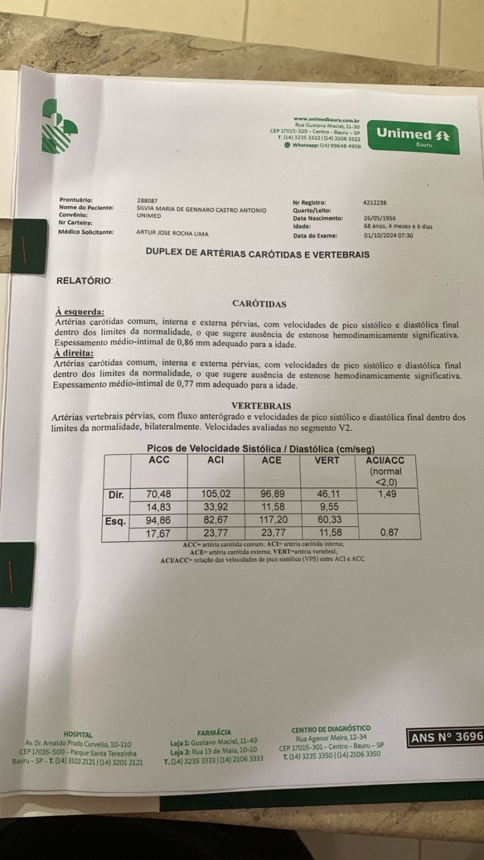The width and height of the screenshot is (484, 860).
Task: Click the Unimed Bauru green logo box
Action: tap(414, 137)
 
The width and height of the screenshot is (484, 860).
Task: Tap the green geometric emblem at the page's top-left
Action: tap(59, 126)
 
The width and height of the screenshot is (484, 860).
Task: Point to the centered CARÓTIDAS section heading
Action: tap(260, 304)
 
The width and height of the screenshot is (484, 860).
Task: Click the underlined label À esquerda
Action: tap(79, 312)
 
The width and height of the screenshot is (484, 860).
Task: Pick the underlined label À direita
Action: tap(75, 354)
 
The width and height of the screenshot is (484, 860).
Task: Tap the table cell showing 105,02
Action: tap(216, 495)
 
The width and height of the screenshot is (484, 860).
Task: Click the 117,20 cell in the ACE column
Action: tap(272, 521)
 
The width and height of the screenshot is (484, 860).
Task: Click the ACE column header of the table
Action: tap(271, 460)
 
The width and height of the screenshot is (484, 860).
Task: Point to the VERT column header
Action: tap(327, 460)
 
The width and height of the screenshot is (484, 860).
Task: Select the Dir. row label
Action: tap(117, 495)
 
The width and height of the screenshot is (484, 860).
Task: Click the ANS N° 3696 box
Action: tap(446, 737)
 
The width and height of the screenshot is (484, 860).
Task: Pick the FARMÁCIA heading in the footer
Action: tap(214, 732)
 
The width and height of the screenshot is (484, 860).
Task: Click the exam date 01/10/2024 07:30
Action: tap(388, 236)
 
